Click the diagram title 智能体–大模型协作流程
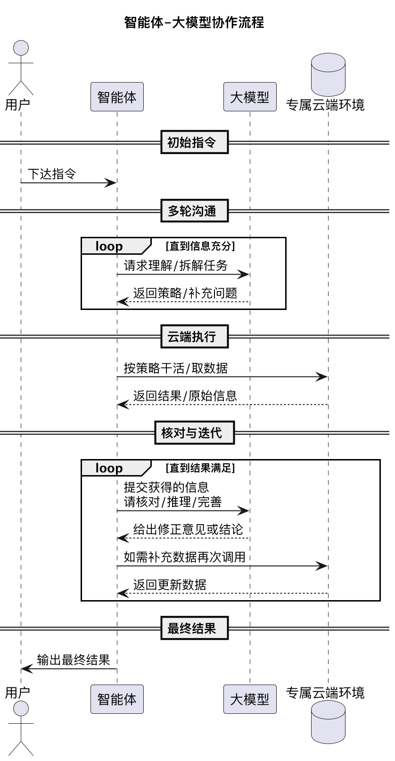[194, 22]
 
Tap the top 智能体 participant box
[117, 97]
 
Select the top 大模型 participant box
[250, 97]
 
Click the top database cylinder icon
[328, 75]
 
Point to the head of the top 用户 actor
[21, 48]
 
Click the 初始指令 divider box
[194, 142]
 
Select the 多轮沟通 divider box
[194, 211]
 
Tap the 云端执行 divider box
[194, 336]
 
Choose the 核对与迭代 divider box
[194, 433]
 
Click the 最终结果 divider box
[194, 628]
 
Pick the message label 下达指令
[52, 174]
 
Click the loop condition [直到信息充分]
[200, 246]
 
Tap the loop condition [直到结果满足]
[200, 468]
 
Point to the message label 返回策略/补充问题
[185, 293]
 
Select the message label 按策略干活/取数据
[175, 368]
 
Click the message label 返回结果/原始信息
[185, 396]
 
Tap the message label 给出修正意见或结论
[188, 529]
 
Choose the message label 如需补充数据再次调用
[184, 557]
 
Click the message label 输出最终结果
[74, 660]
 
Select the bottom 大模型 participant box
[250, 699]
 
